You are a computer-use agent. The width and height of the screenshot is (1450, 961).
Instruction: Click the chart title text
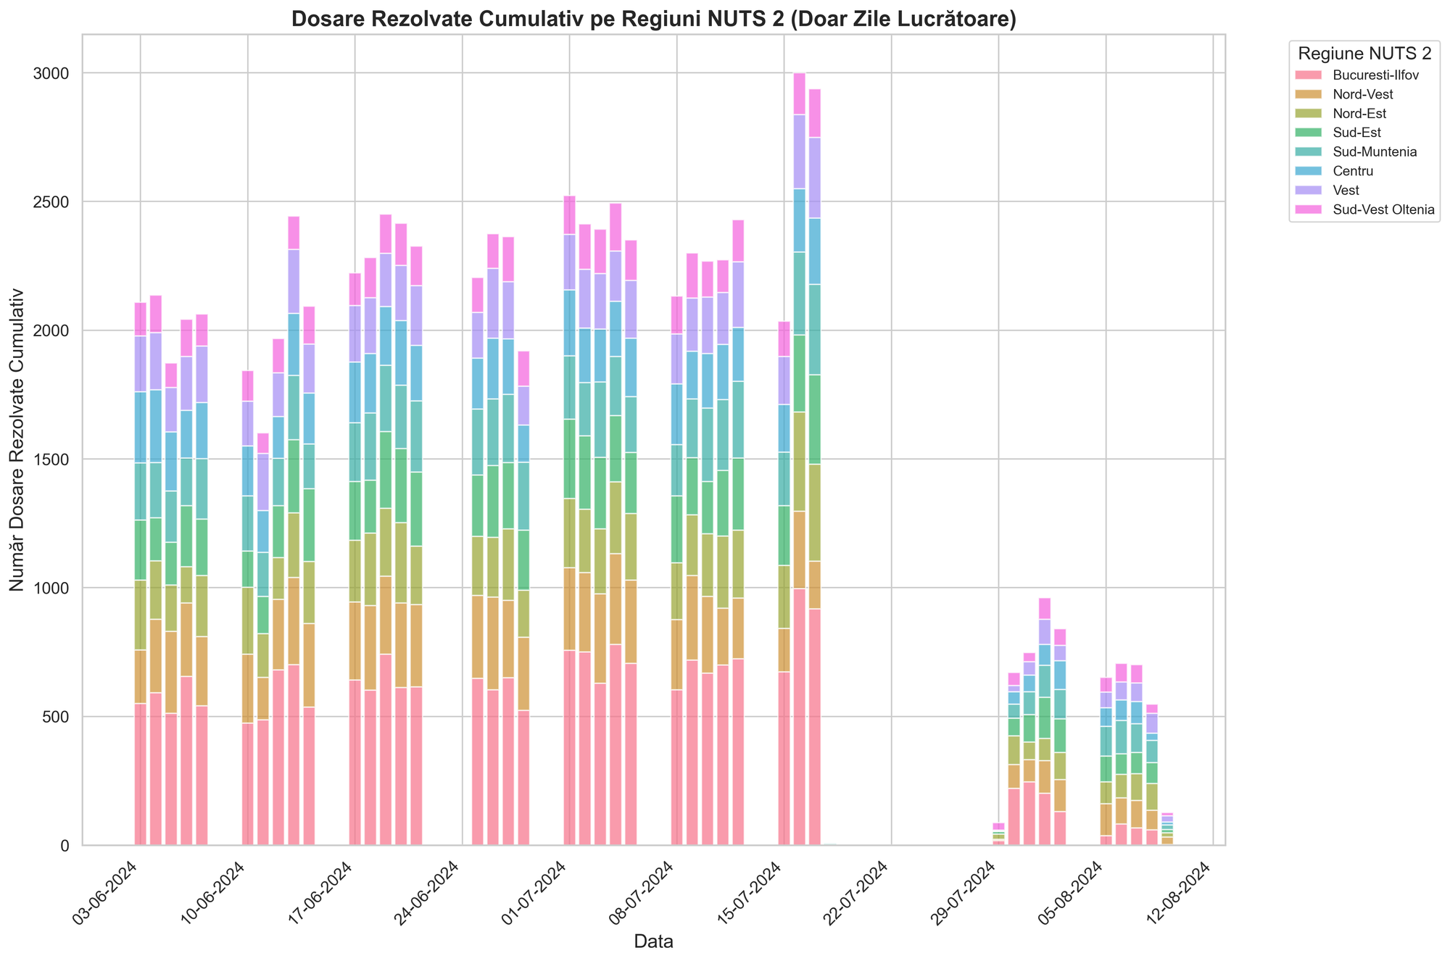[x=653, y=20]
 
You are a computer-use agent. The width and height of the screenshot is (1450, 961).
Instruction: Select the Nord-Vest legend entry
[x=1367, y=94]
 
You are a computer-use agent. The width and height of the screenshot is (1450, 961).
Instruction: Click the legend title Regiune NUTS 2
[x=1364, y=54]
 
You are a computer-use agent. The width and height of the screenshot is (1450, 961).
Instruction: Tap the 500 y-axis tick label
[x=57, y=717]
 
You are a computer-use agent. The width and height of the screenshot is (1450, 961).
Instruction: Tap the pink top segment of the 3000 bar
[x=799, y=93]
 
